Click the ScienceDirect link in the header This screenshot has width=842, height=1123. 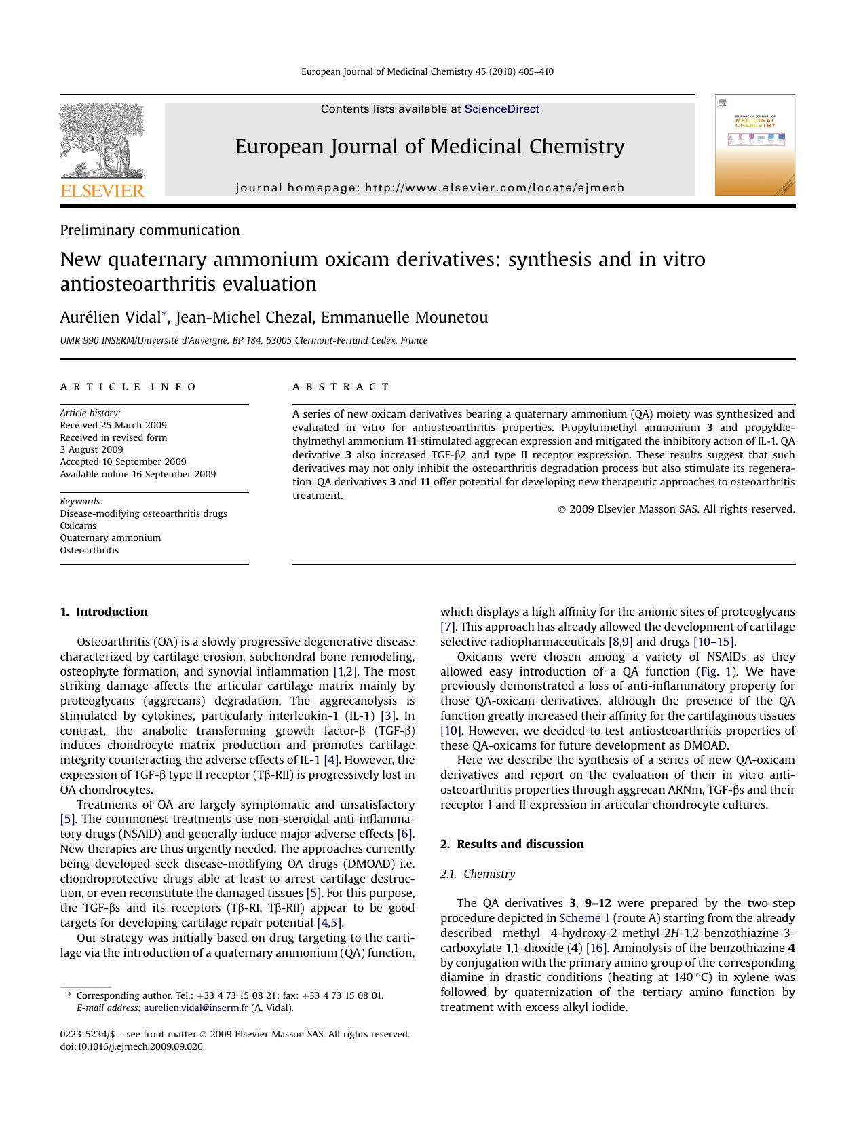pyautogui.click(x=501, y=109)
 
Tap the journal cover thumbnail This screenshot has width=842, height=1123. pyautogui.click(x=754, y=145)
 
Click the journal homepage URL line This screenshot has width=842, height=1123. pyautogui.click(x=429, y=188)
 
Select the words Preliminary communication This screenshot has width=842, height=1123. pyautogui.click(x=149, y=230)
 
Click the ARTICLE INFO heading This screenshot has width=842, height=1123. pyautogui.click(x=128, y=387)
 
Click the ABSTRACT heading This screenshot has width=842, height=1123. pyautogui.click(x=341, y=387)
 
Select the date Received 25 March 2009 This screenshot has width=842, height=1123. pyautogui.click(x=113, y=426)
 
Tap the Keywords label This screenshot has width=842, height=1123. pyautogui.click(x=81, y=502)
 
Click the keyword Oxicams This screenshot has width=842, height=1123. pyautogui.click(x=78, y=526)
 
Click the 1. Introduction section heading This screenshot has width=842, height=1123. pyautogui.click(x=104, y=612)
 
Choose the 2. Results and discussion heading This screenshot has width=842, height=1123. pyautogui.click(x=512, y=844)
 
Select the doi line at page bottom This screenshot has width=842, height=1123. pyautogui.click(x=131, y=1047)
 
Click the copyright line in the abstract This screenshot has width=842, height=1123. pyautogui.click(x=676, y=509)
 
